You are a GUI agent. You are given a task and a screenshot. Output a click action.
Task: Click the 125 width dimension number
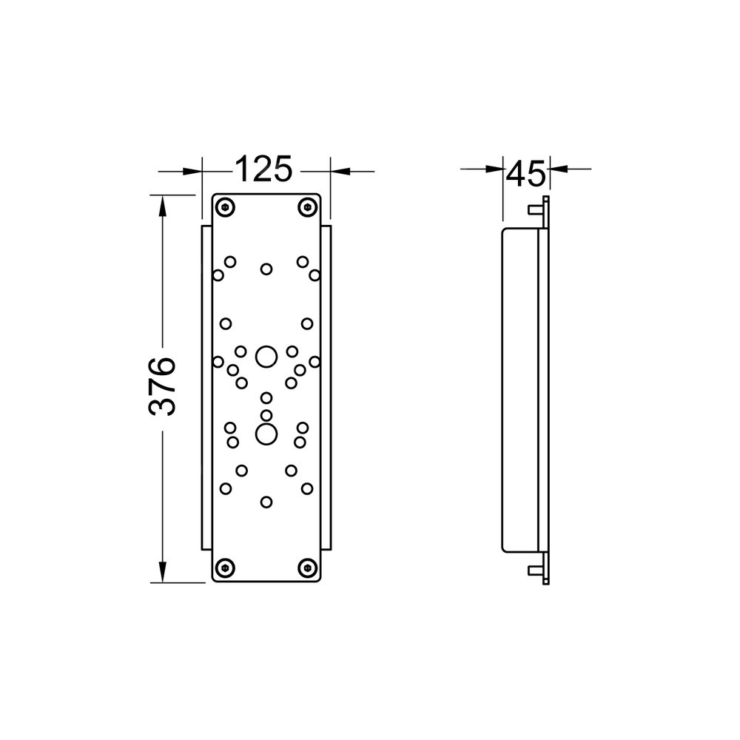click(264, 169)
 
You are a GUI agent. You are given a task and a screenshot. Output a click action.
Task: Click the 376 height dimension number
click(162, 386)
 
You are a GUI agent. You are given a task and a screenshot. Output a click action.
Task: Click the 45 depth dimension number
click(525, 173)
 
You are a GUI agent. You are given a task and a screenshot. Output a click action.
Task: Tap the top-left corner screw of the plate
click(226, 207)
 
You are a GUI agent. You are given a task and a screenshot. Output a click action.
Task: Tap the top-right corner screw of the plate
click(307, 207)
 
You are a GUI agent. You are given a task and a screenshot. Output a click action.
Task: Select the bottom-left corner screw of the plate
click(226, 568)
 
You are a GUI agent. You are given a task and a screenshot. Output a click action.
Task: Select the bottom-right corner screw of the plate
click(307, 568)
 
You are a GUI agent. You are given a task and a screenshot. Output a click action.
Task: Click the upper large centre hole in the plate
click(266, 357)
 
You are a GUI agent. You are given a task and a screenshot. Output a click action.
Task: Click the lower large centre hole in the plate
click(266, 434)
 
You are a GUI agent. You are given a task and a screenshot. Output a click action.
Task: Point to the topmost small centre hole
click(266, 269)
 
